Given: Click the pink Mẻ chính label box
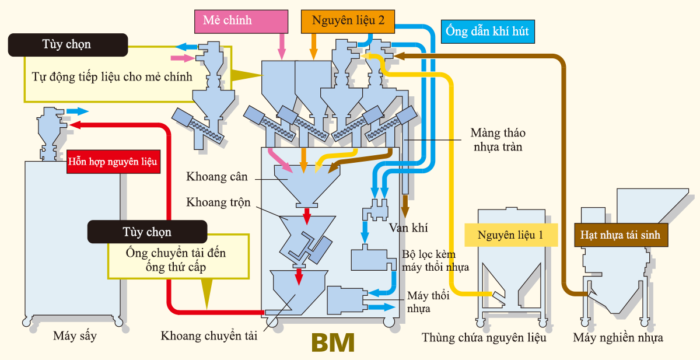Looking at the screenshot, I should (x=241, y=21).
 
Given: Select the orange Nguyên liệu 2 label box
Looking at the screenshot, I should (x=348, y=21).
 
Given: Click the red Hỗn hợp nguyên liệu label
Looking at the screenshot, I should (x=113, y=161).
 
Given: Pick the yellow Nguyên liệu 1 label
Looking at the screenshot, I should (x=510, y=235).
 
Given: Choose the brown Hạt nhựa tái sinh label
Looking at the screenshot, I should (x=621, y=235).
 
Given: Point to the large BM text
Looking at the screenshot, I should (x=333, y=343).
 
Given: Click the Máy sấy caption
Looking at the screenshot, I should (x=75, y=336).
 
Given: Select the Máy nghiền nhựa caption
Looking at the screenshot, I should (x=618, y=338).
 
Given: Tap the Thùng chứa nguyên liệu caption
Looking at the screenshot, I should (x=484, y=338).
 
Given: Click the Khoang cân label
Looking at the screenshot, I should (x=217, y=176).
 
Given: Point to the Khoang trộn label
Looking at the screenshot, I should (x=218, y=202).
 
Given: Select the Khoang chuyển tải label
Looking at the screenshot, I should (x=209, y=336).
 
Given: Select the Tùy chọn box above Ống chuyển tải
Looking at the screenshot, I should (x=147, y=232).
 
